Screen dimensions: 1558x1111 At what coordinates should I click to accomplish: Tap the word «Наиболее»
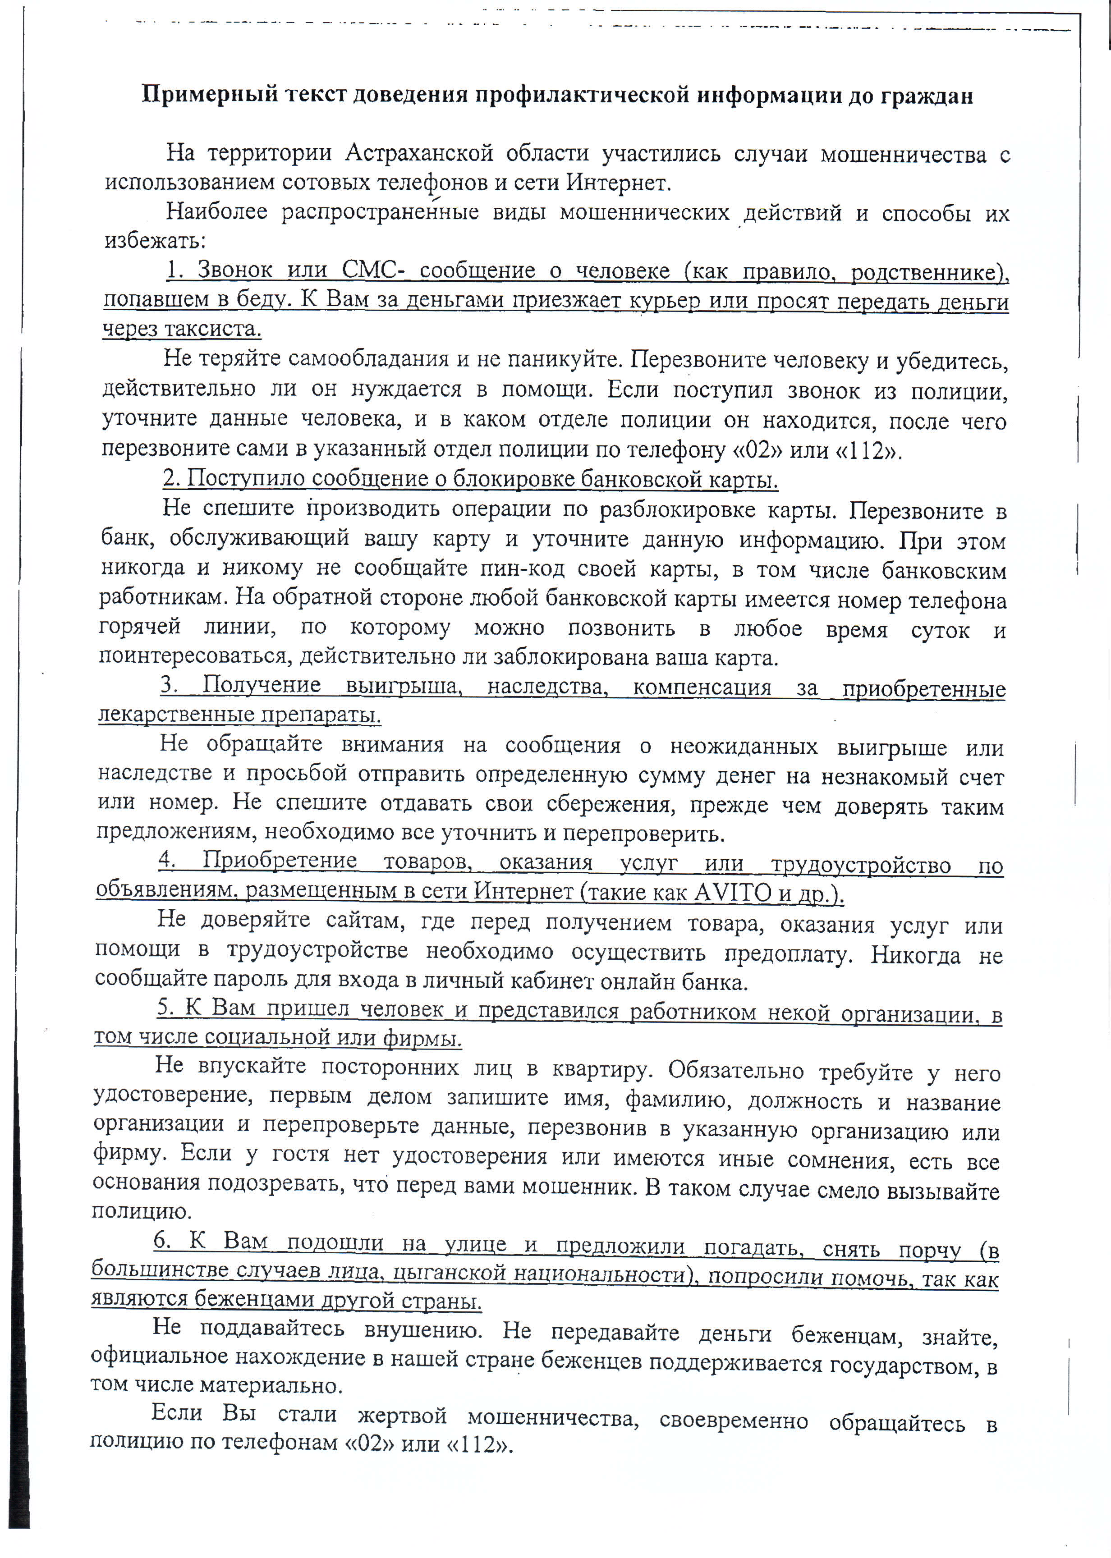coord(216,212)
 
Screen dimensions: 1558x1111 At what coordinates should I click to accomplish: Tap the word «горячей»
coord(140,627)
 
